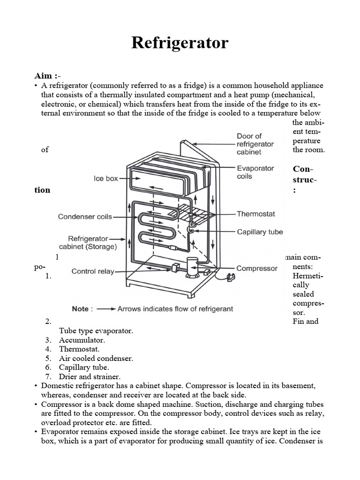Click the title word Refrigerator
(180, 43)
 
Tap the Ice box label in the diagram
(106, 179)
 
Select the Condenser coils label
(85, 217)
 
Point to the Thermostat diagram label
(255, 214)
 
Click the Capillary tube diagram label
(260, 232)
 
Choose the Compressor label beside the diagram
(257, 269)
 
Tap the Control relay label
(93, 271)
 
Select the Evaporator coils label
(255, 172)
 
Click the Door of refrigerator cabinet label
(255, 144)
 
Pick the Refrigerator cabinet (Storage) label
(88, 242)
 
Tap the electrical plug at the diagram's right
(229, 277)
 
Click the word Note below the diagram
(80, 309)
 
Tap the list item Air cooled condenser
(96, 358)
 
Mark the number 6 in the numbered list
(48, 367)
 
